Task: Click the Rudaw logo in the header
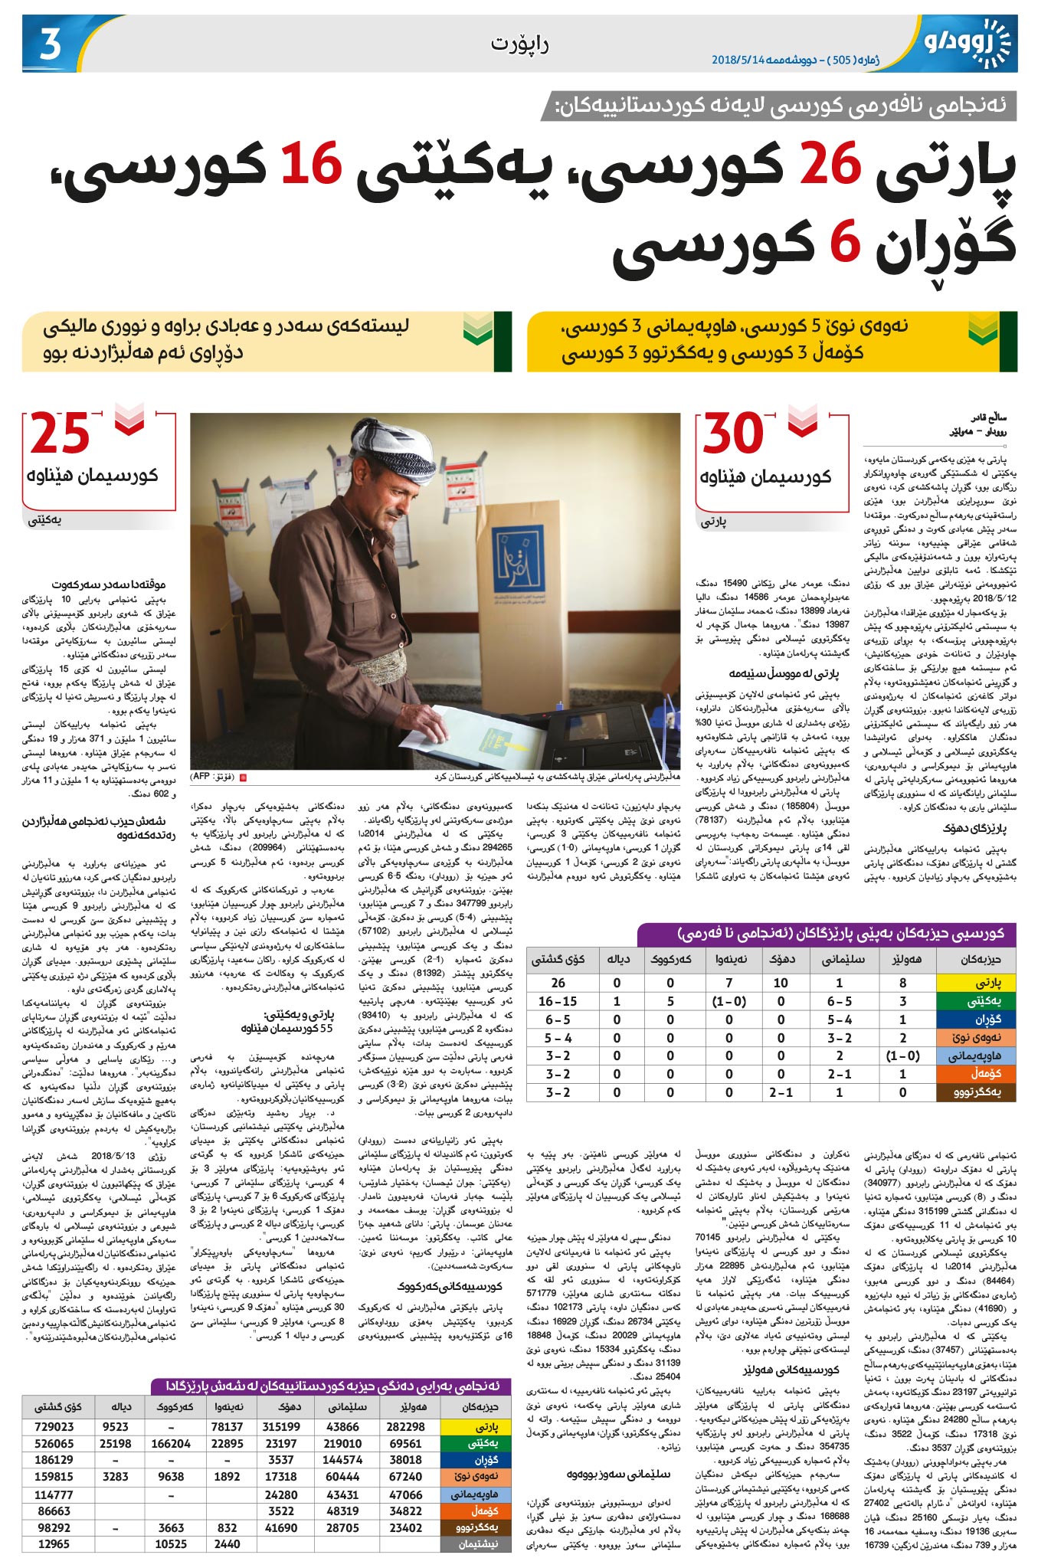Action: pos(967,41)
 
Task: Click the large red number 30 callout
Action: pos(733,434)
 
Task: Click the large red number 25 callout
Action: pos(60,434)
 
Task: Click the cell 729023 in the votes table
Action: pos(54,1426)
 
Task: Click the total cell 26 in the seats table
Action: pos(558,982)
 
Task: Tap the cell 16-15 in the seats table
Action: pos(558,1001)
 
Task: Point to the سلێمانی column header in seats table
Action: pos(843,959)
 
